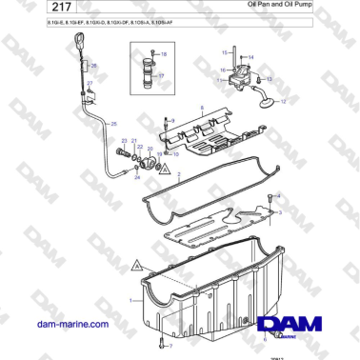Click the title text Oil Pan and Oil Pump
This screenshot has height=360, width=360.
click(x=286, y=6)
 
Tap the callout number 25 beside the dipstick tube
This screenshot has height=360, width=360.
click(x=114, y=125)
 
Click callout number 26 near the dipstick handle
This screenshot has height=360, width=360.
click(x=94, y=66)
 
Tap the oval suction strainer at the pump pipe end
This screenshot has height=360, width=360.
click(x=268, y=99)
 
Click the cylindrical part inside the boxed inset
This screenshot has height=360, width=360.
click(x=147, y=72)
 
